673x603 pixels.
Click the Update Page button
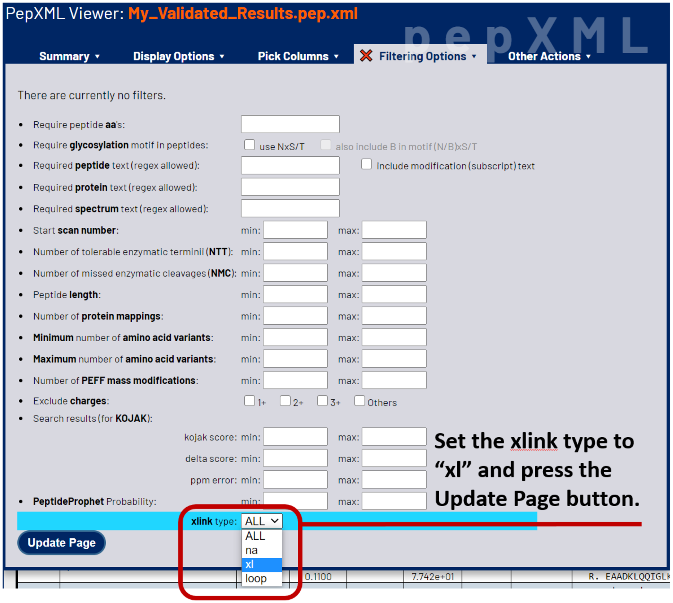coord(61,542)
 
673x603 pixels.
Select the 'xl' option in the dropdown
coord(262,564)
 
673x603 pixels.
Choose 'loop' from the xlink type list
coord(262,578)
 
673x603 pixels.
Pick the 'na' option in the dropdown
coord(262,550)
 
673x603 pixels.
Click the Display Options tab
coord(178,56)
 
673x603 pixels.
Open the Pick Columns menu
coord(298,56)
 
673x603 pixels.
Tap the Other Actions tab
coord(549,56)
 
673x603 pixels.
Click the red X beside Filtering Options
coord(366,56)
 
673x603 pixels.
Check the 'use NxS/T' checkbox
coord(250,145)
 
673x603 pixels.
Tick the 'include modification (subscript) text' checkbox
coord(366,164)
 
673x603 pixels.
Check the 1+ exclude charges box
coord(250,401)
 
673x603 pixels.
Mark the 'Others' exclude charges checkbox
coord(359,401)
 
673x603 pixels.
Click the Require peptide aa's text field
coord(290,124)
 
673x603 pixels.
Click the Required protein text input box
coord(290,187)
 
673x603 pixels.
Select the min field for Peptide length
coord(295,294)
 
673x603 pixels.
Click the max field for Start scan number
coord(394,230)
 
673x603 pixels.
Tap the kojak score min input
coord(295,437)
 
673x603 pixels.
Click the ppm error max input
coord(394,479)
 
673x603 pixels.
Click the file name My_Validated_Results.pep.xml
coord(243,14)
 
